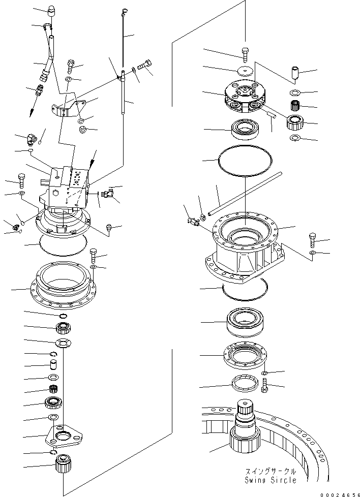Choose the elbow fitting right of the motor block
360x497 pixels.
coord(107,192)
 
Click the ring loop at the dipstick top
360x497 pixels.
coord(125,10)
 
